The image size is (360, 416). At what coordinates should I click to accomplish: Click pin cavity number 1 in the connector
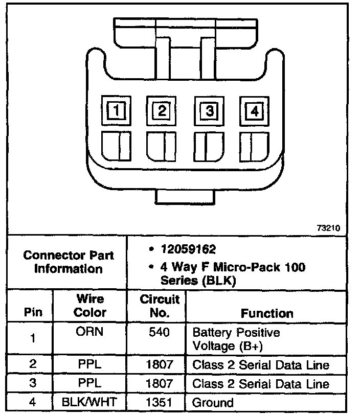pos(117,110)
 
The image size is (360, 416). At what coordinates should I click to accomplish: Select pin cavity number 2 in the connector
pos(162,110)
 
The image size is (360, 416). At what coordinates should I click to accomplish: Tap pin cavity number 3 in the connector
pos(209,110)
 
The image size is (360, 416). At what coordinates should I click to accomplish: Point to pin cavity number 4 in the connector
pos(254,110)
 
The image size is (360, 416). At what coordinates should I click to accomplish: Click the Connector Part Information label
pos(69,262)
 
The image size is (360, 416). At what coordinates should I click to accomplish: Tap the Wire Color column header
pos(91,306)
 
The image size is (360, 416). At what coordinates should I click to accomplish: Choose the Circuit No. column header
pos(160,306)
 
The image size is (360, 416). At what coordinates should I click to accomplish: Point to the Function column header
pos(267,313)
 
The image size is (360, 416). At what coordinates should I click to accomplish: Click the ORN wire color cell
pos(91,332)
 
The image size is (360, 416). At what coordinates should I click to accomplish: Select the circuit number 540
pos(160,333)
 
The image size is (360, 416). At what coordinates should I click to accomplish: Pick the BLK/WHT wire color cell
pos(91,402)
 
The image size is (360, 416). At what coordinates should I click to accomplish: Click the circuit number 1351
pos(160,402)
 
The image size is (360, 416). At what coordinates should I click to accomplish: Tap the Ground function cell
pos(212,402)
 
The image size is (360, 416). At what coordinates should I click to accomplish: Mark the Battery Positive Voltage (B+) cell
pos(236,339)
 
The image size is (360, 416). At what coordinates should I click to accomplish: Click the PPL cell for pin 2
pos(91,365)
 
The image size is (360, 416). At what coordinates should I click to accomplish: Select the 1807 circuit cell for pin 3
pos(160,383)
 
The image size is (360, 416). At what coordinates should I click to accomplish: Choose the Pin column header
pos(33,312)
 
